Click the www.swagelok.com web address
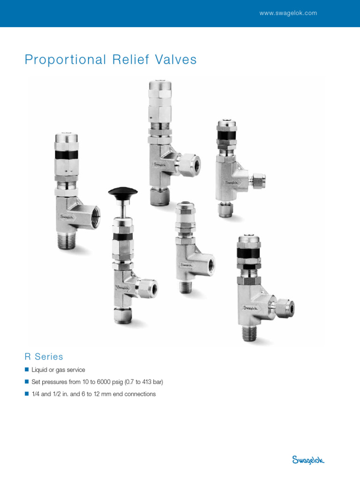[288, 13]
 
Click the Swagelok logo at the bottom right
[308, 460]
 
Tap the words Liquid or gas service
[58, 370]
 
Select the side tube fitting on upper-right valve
[257, 180]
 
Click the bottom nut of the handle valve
[123, 315]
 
